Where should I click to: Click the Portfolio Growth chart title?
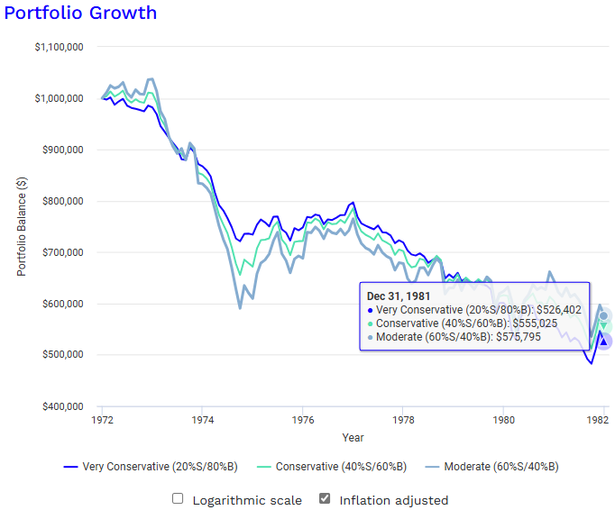coord(80,13)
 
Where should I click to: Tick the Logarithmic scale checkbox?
coord(178,498)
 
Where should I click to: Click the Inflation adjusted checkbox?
coord(325,498)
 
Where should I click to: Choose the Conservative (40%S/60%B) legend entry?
coord(339,467)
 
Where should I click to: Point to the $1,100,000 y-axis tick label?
coord(59,47)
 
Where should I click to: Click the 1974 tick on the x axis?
coord(202,420)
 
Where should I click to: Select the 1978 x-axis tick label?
coord(404,420)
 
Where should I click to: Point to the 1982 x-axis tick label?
coord(596,420)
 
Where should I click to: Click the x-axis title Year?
coord(353,437)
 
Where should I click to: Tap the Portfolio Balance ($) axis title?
coord(23,225)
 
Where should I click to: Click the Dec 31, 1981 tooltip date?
coord(399,295)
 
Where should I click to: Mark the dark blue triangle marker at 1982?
coord(603,342)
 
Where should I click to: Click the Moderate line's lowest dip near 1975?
coord(240,308)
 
